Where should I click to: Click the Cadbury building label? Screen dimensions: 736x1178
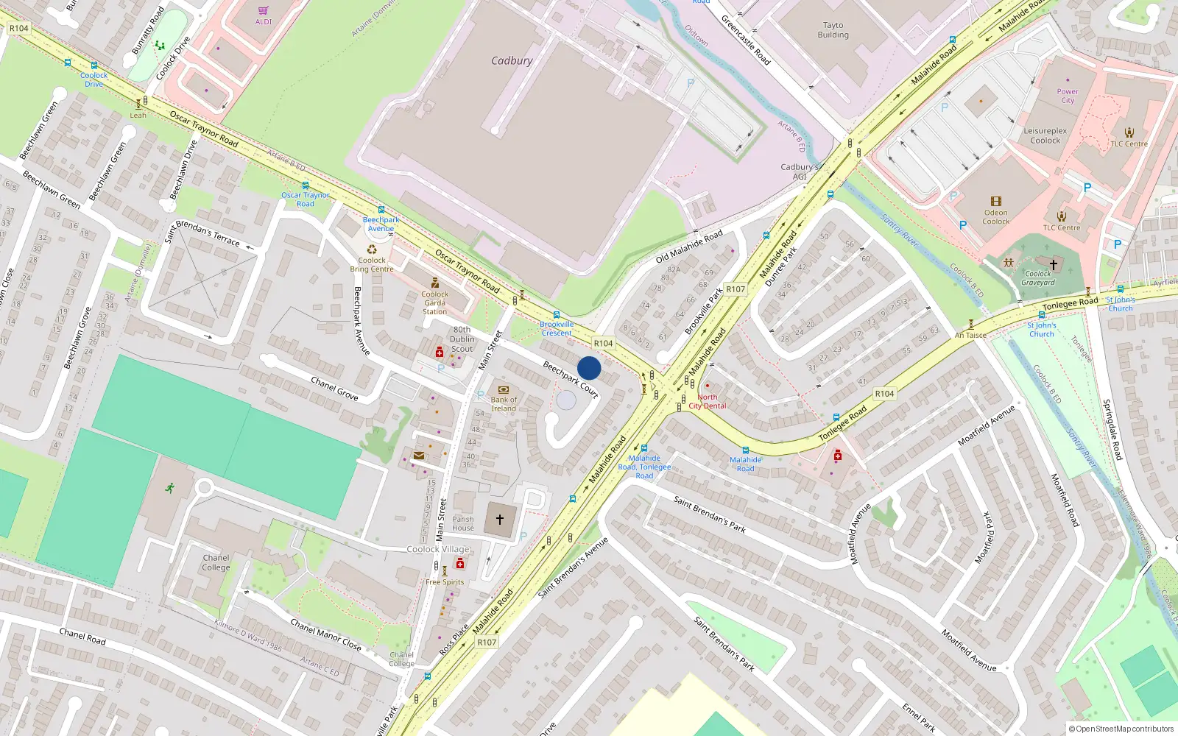512,61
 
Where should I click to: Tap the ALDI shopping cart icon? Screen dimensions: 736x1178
264,11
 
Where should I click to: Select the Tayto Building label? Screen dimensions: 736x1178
833,30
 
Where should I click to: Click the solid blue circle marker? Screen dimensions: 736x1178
589,368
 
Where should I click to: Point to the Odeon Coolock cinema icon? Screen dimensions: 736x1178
996,202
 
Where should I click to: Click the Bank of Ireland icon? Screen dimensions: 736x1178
504,389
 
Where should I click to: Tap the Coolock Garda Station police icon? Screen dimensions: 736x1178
435,283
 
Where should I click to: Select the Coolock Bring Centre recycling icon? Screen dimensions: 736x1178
372,250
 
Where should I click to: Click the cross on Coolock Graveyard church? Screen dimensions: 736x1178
1053,264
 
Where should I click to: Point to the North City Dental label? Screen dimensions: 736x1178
707,401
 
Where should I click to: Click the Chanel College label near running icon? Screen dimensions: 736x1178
216,562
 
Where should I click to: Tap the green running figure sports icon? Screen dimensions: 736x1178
170,487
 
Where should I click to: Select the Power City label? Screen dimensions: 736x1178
1067,96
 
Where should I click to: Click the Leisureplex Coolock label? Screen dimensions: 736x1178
1045,135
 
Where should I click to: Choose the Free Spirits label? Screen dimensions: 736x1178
445,582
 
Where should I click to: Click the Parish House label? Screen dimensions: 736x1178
463,523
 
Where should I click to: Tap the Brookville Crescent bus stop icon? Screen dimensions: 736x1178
556,315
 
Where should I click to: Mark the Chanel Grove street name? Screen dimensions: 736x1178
334,389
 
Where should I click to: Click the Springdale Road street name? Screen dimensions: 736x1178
1112,430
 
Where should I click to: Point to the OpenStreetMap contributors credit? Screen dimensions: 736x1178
1121,729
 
